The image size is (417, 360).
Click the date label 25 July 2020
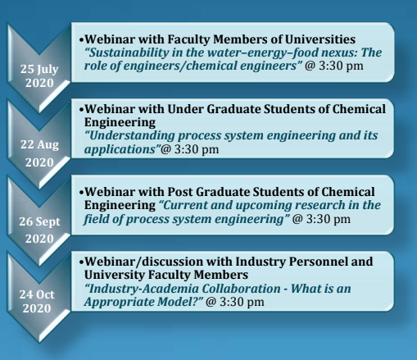tap(39, 76)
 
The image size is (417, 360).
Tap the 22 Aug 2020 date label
tap(39, 153)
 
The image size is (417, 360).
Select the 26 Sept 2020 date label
tap(39, 230)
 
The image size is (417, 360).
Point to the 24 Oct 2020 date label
tap(37, 301)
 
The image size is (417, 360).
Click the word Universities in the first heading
tap(320, 39)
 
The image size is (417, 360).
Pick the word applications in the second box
tap(120, 149)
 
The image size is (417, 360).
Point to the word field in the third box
tap(96, 219)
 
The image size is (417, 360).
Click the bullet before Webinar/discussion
tap(81, 262)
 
